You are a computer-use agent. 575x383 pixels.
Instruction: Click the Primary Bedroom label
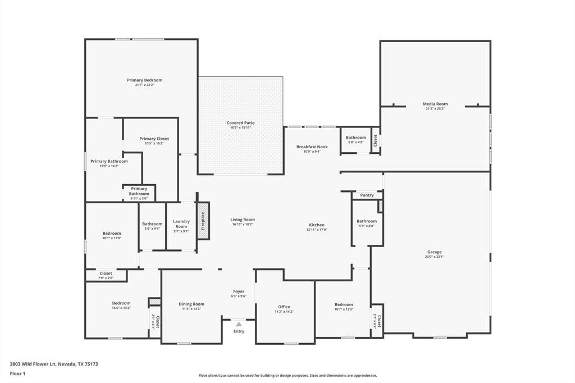144,80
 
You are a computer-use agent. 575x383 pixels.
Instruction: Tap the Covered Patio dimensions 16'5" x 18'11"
240,128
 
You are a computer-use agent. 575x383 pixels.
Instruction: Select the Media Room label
435,104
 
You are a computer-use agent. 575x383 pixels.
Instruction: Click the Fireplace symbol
203,221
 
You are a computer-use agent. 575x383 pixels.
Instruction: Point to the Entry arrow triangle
239,324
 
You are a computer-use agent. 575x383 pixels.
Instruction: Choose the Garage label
434,252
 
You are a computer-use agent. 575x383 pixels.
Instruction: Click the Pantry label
367,195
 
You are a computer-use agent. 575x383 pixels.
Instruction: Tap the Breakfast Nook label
312,147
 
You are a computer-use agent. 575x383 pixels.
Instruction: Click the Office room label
284,307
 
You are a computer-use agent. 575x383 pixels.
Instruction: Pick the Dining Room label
191,304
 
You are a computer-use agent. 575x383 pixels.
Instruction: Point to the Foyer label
239,291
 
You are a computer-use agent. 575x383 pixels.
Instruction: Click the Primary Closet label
154,139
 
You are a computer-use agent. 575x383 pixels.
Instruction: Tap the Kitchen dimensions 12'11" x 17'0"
317,230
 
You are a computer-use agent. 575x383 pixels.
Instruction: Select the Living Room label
243,220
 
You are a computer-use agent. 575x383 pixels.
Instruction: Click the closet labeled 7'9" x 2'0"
106,276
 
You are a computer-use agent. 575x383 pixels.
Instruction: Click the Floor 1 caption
18,373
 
